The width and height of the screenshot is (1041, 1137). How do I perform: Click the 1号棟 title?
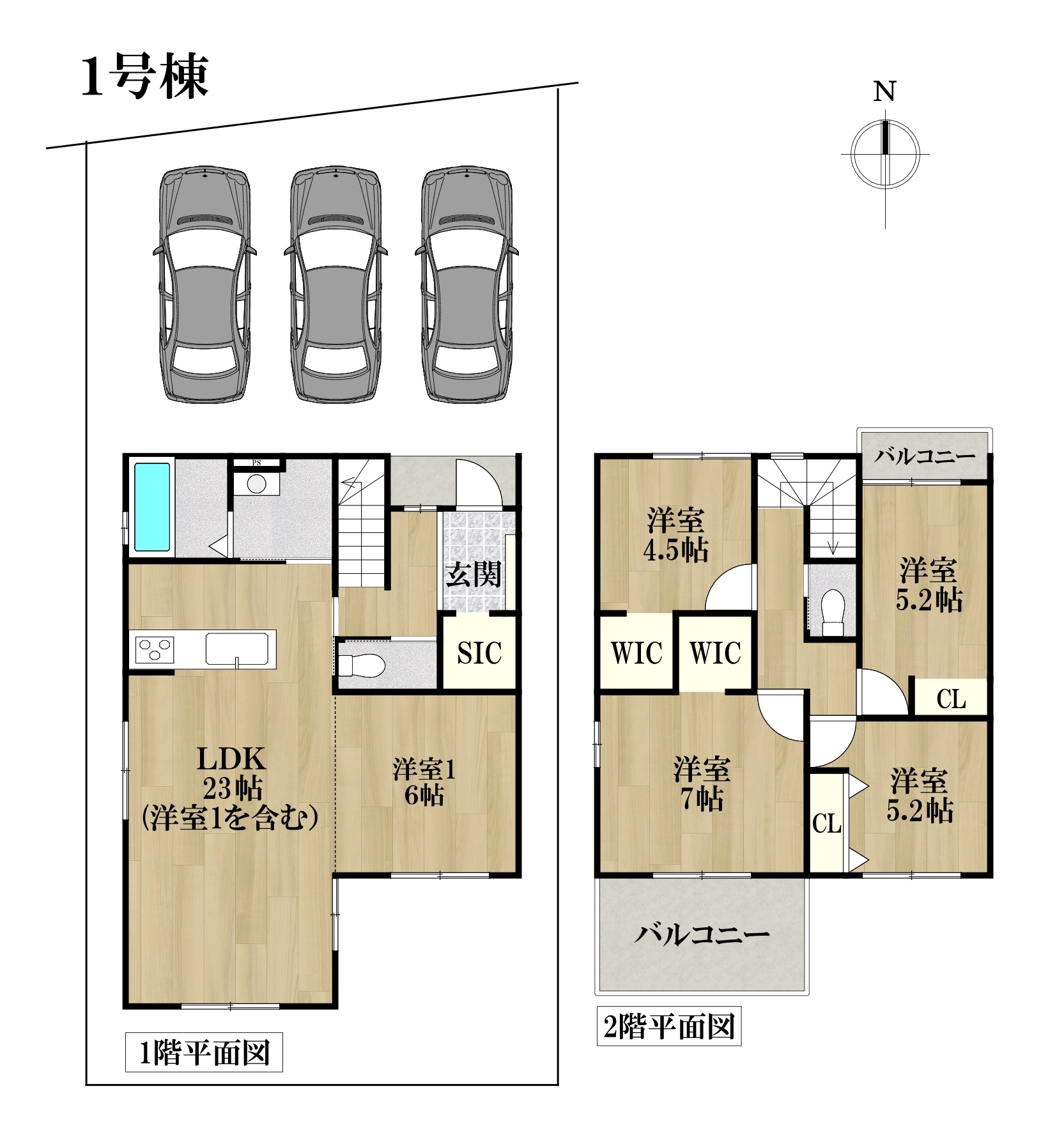pos(145,77)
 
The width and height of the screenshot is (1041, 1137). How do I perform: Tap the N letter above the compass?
pos(884,92)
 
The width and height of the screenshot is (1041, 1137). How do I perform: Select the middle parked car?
pos(335,285)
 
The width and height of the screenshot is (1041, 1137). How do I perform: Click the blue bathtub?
pos(153,507)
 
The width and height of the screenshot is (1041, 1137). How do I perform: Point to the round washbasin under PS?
pos(256,484)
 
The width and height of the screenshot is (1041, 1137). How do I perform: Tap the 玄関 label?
pos(474,574)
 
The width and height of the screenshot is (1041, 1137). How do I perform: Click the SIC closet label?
pos(479,653)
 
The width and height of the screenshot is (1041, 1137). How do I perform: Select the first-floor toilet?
pos(361,665)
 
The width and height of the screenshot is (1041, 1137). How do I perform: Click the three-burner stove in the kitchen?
pos(155,650)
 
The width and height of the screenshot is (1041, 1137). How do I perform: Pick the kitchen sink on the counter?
pos(237,649)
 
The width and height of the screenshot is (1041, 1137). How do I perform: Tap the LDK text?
pos(231,759)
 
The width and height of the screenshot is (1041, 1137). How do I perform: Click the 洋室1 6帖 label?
pos(424,782)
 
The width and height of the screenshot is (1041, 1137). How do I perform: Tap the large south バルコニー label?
pos(702,935)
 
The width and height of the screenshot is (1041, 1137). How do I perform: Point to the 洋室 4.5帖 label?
pos(675,536)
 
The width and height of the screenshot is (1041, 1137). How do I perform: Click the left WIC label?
pos(636,653)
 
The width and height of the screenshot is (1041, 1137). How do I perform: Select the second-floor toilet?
pos(833,612)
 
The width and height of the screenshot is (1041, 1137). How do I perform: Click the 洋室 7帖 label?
pos(702,784)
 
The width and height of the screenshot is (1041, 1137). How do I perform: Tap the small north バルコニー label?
pos(925,456)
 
